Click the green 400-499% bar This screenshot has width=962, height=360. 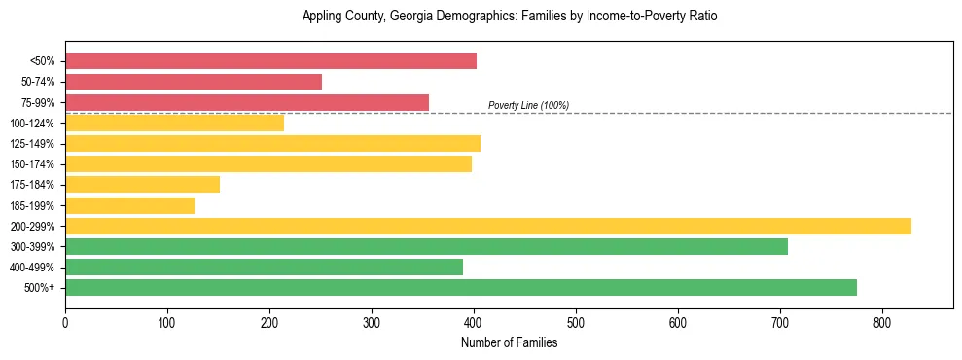click(x=264, y=267)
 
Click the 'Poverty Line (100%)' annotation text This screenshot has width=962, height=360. click(x=528, y=105)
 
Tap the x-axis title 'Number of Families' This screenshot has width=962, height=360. click(x=509, y=342)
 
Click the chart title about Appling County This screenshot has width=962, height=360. click(x=509, y=17)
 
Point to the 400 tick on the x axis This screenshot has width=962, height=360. click(x=474, y=321)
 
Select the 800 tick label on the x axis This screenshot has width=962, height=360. click(x=882, y=321)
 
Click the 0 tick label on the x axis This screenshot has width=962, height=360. click(x=65, y=321)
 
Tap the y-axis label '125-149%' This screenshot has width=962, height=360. click(x=32, y=144)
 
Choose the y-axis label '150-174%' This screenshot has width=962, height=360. click(x=32, y=164)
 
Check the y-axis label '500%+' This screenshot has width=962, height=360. click(x=38, y=288)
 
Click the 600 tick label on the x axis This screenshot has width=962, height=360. click(x=678, y=321)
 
